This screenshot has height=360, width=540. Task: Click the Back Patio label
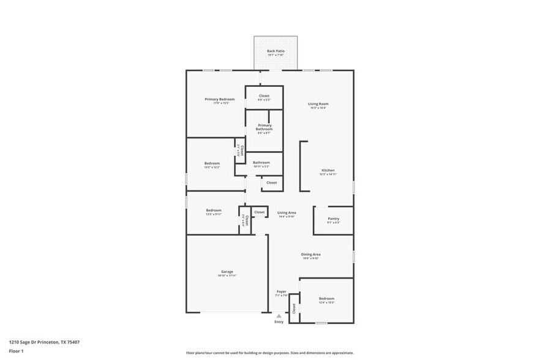click(276, 51)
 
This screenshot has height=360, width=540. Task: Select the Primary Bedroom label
click(220, 99)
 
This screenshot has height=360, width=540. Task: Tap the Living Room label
click(318, 104)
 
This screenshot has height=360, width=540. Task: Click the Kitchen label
click(328, 170)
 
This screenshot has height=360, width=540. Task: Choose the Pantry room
click(333, 219)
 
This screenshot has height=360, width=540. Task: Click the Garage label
click(227, 272)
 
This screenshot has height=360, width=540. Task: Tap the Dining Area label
click(310, 254)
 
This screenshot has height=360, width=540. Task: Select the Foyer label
click(281, 291)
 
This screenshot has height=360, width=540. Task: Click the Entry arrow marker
click(279, 316)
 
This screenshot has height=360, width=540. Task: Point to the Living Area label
click(287, 212)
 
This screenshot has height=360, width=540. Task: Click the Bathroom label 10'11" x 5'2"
click(261, 163)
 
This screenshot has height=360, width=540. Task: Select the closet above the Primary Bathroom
click(264, 96)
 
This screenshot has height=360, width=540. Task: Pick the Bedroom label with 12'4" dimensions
click(326, 299)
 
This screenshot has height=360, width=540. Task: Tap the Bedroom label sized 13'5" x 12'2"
click(212, 163)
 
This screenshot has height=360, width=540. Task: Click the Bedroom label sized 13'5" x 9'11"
click(213, 211)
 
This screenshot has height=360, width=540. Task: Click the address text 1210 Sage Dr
click(44, 342)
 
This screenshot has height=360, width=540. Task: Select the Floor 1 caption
click(17, 351)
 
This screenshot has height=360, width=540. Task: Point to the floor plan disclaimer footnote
click(269, 353)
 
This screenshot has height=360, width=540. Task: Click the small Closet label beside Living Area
click(259, 212)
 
